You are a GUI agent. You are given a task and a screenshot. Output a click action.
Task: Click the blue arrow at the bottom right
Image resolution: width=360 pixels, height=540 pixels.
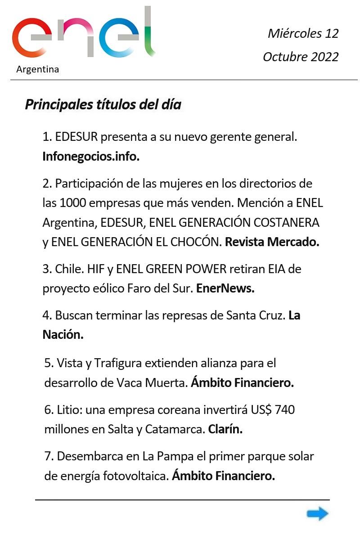pyautogui.click(x=318, y=513)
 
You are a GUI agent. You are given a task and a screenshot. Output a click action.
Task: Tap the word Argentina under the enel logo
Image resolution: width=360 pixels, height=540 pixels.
pyautogui.click(x=37, y=70)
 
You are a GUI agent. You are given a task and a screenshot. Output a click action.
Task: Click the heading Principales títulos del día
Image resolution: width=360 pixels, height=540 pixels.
pyautogui.click(x=103, y=105)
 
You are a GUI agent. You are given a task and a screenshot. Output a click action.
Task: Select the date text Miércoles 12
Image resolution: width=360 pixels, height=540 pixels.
pyautogui.click(x=303, y=33)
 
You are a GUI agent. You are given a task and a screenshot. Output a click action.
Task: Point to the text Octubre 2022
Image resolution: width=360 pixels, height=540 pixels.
pyautogui.click(x=301, y=57)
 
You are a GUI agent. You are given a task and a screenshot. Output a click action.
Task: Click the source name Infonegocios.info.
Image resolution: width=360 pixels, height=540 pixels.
pyautogui.click(x=91, y=156)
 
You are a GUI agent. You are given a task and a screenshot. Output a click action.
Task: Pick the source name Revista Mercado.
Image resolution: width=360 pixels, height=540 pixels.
pyautogui.click(x=272, y=242)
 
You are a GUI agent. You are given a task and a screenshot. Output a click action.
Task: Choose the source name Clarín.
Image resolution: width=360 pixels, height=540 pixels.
pyautogui.click(x=225, y=429)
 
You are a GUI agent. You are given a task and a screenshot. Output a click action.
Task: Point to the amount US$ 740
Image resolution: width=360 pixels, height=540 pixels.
pyautogui.click(x=270, y=410)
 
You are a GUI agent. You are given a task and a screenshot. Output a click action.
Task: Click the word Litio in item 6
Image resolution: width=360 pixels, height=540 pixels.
pyautogui.click(x=68, y=410)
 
